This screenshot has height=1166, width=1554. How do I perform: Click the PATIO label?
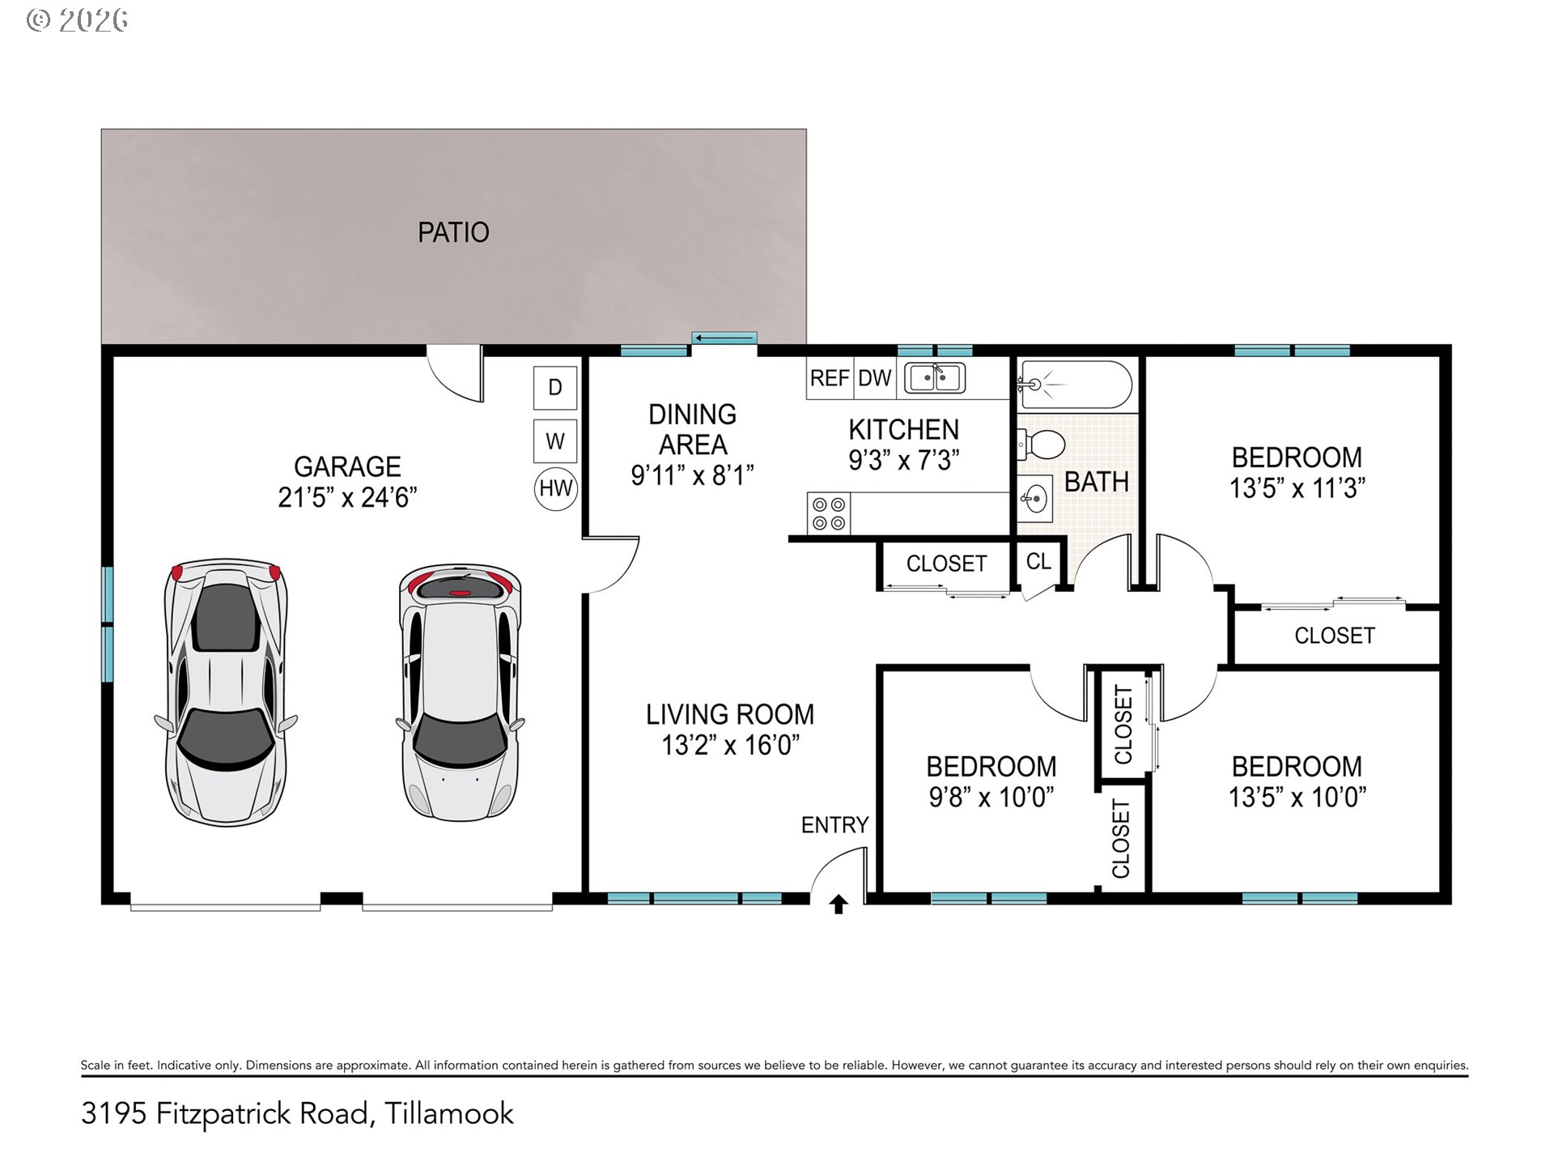pos(453,232)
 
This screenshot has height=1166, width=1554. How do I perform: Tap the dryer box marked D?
pos(555,388)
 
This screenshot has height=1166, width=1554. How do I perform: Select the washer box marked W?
pos(555,441)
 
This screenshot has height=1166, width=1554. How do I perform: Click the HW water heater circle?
pos(556,488)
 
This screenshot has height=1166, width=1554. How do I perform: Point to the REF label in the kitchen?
pos(830,378)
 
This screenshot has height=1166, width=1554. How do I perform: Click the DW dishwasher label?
pos(874,378)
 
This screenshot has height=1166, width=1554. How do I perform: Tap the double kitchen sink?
pos(935,378)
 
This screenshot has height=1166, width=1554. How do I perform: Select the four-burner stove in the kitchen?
pos(829,514)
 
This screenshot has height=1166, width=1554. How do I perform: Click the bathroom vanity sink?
pos(1034,498)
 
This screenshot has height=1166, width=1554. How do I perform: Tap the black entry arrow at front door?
pos(839,904)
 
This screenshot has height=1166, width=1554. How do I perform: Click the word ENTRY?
pos(834,825)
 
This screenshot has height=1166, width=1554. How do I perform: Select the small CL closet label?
pos(1038,561)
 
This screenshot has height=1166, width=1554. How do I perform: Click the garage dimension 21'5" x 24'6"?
pos(347,497)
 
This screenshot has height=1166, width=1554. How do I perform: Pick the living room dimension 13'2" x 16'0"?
pos(730,745)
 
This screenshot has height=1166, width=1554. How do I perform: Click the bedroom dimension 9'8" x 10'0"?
pos(991,797)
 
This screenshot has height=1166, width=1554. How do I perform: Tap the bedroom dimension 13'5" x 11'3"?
pos(1297,488)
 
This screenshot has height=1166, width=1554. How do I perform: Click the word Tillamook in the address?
pos(449,1113)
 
